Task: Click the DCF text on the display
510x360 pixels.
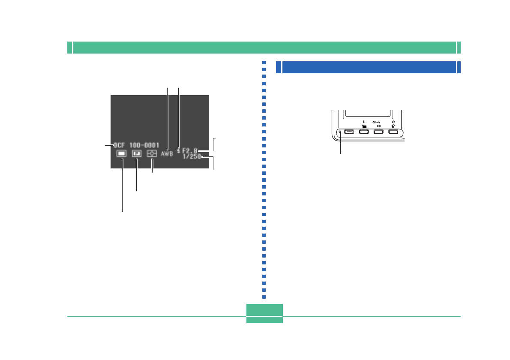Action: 119,145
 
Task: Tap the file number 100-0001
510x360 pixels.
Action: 144,145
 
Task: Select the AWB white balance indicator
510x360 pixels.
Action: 167,153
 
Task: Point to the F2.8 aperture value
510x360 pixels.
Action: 190,151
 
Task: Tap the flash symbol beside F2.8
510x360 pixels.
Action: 178,150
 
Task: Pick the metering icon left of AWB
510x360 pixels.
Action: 152,153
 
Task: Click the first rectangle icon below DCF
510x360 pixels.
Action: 121,153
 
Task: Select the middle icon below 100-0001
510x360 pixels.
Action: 137,153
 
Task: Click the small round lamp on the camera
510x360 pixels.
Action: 340,132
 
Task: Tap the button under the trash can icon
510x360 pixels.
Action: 393,132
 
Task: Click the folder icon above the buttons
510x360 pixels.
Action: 363,126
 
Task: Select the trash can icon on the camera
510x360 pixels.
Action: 393,126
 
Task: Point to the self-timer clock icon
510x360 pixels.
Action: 393,122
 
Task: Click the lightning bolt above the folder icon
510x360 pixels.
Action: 363,122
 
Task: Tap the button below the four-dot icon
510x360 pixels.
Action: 378,132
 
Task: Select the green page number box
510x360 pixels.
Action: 264,313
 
